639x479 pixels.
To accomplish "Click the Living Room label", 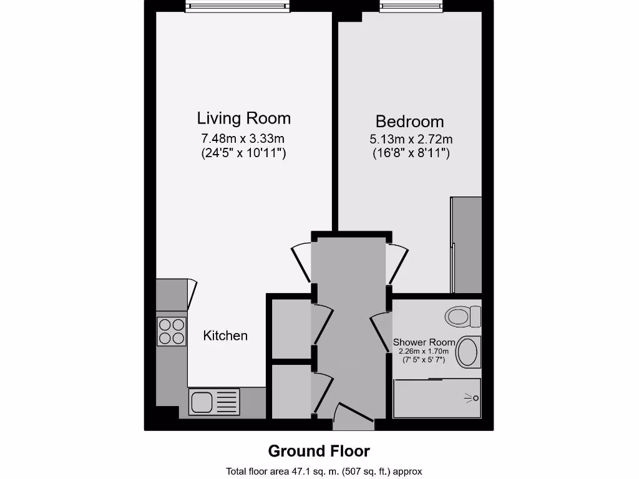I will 243,118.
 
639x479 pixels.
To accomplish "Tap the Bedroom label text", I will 409,121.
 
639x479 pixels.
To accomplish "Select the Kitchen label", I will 225,336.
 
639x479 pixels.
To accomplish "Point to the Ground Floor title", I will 319,451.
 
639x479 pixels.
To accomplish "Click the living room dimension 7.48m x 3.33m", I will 243,138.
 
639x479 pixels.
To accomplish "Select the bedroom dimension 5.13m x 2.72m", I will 410,139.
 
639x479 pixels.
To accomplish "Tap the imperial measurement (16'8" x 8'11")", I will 410,153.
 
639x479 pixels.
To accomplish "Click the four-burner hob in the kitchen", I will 172,331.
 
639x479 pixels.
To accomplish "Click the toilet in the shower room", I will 463,316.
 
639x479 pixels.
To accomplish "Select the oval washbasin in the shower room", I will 468,352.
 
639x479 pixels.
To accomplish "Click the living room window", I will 238,7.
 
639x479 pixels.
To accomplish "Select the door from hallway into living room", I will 301,263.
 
